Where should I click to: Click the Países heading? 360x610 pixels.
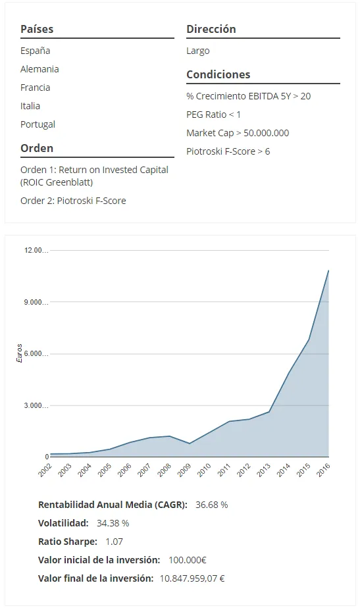[x=37, y=29]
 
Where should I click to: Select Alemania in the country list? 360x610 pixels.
[x=39, y=69]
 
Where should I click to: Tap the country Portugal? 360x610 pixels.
[x=38, y=124]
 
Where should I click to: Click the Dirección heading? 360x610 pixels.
[x=211, y=29]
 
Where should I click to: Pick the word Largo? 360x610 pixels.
[x=197, y=51]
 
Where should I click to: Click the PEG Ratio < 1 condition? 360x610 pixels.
[x=213, y=114]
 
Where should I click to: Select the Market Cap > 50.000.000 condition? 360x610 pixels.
[x=238, y=133]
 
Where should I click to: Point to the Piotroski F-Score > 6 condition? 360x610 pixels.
[x=228, y=151]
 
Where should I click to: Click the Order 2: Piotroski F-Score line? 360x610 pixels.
[x=73, y=201]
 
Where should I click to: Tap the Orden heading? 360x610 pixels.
[x=37, y=148]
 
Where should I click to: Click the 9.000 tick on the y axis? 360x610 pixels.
[x=36, y=302]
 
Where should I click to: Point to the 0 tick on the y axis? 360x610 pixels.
[x=47, y=457]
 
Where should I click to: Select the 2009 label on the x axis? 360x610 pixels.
[x=184, y=470]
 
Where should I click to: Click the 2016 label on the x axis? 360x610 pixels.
[x=324, y=470]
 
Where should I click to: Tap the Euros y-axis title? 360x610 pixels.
[x=20, y=353]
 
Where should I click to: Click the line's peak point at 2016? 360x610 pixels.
[x=329, y=270]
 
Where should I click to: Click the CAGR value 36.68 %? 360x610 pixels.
[x=212, y=505]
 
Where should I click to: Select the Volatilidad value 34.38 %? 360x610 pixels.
[x=113, y=523]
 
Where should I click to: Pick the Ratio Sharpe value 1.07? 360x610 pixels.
[x=114, y=542]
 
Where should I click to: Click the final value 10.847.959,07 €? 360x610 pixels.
[x=192, y=578]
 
